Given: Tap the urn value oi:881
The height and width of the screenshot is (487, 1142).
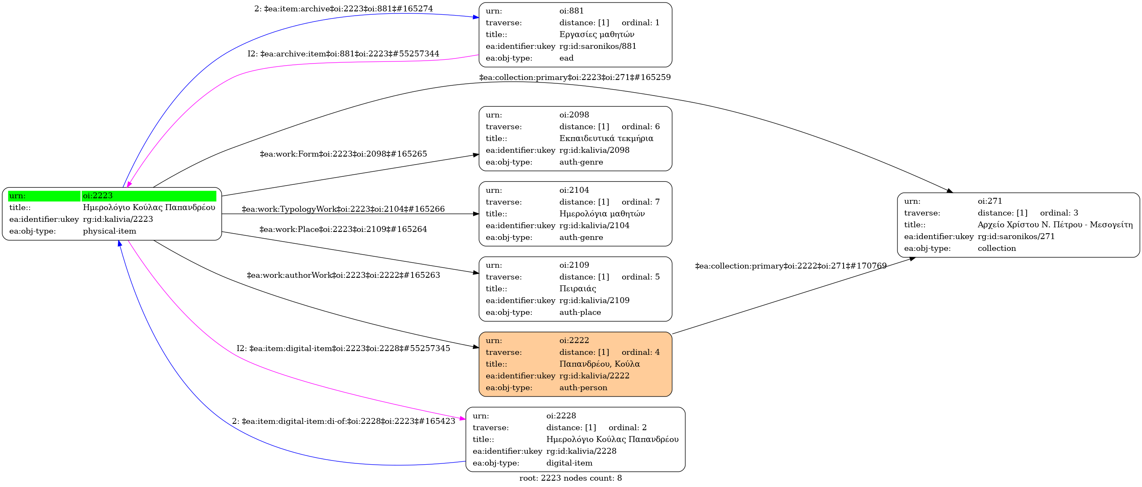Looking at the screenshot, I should tap(572, 11).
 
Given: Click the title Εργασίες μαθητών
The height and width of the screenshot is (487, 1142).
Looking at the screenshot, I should tap(597, 35).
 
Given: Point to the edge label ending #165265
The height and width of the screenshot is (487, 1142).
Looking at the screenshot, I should tap(343, 154).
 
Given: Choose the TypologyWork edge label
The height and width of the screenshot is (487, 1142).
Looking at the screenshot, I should tap(343, 209).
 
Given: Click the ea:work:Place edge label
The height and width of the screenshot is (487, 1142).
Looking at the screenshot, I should tap(343, 229).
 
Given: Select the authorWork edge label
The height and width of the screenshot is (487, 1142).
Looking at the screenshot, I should tap(343, 275).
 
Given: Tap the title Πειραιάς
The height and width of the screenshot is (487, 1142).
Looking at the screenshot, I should tap(578, 289).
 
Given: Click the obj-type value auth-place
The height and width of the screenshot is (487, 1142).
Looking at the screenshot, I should tap(580, 312).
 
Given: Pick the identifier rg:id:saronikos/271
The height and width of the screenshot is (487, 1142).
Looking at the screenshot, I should tap(1016, 237).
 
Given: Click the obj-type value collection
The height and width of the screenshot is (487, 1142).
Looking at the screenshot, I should tap(997, 249).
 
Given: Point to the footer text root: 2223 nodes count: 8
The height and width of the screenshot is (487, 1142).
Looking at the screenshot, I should tap(570, 478).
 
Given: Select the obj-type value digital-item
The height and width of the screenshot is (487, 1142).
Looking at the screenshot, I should tap(569, 463).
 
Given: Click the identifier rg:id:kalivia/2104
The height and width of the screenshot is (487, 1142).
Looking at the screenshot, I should tap(594, 226).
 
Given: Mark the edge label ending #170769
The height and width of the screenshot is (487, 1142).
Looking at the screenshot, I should tap(791, 266).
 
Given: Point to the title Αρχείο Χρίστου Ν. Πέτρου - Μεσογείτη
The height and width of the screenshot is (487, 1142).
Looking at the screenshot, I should tap(1055, 225).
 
